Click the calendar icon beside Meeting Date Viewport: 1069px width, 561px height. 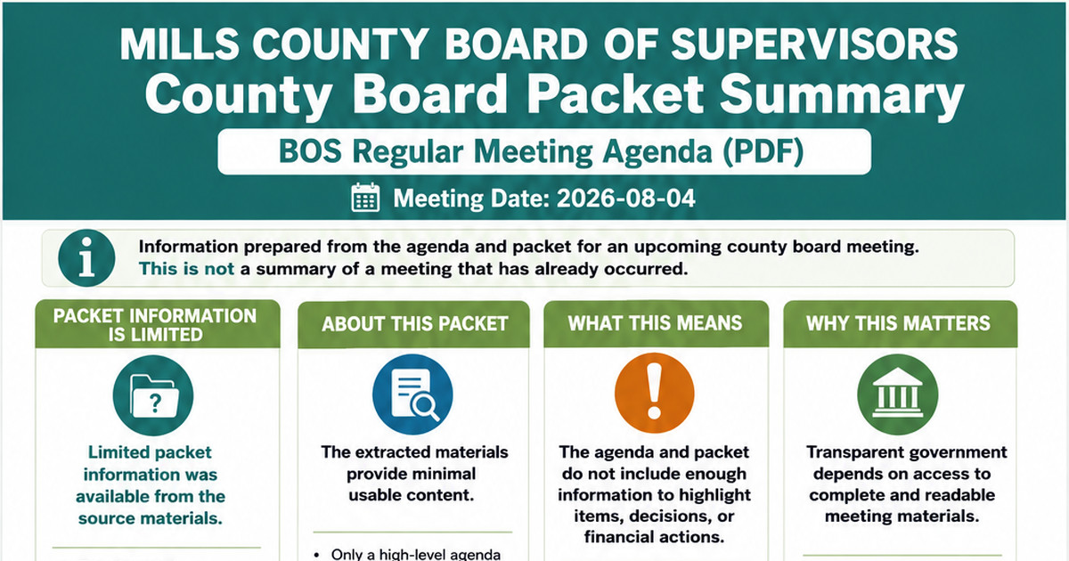click(x=365, y=198)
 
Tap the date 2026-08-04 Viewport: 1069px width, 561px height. click(x=625, y=199)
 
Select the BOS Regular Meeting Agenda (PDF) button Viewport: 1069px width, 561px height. click(x=544, y=151)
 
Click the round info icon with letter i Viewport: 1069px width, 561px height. click(x=86, y=258)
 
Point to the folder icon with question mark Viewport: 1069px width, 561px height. click(x=153, y=395)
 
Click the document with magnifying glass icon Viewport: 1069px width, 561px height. click(x=412, y=394)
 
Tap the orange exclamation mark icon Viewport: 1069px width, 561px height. click(x=654, y=393)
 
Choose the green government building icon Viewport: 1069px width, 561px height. click(x=898, y=394)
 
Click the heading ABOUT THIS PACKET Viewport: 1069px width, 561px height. click(x=414, y=324)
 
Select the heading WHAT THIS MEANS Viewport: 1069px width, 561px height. click(x=656, y=323)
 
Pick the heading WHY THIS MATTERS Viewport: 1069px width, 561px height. click(x=898, y=323)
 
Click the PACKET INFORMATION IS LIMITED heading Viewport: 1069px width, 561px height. click(x=155, y=325)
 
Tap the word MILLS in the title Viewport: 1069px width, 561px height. click(x=179, y=44)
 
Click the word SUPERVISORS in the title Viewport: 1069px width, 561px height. click(x=814, y=44)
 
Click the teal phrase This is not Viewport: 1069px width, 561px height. click(x=186, y=269)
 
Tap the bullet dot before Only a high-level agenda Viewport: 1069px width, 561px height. click(x=317, y=555)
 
